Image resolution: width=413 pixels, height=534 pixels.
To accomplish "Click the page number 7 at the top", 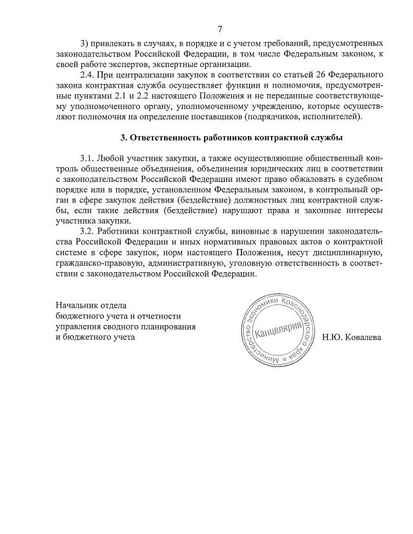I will pyautogui.click(x=219, y=29).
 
